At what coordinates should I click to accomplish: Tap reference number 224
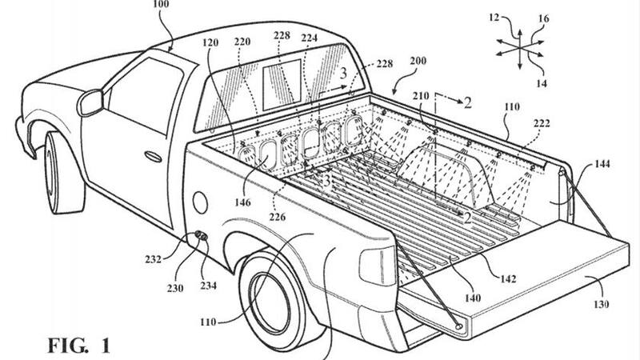tap(309, 38)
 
